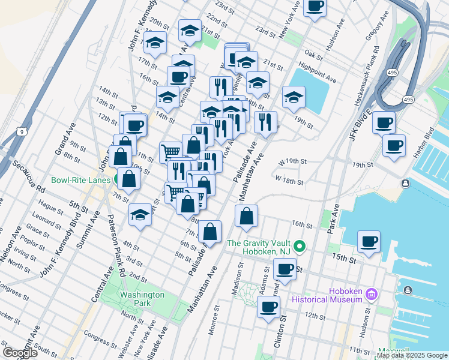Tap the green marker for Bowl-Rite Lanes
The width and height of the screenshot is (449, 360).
(x=120, y=179)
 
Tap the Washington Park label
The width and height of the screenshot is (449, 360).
(x=142, y=299)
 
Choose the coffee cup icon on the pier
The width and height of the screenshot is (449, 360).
(x=369, y=242)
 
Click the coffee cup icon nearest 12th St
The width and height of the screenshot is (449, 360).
(x=268, y=308)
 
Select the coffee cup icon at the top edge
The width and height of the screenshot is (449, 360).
(x=315, y=6)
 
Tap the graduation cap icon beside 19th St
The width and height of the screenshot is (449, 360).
(x=294, y=97)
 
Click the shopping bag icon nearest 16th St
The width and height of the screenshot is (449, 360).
(x=246, y=217)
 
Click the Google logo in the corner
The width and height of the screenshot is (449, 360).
(x=20, y=353)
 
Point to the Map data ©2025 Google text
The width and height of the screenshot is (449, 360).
(x=412, y=355)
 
